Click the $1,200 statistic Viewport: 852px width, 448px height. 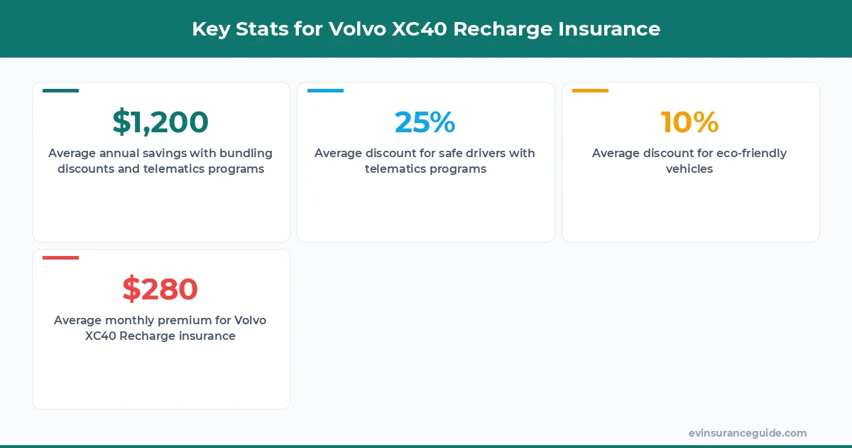[160, 122]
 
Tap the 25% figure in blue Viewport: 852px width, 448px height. [425, 122]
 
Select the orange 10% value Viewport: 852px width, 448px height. [689, 122]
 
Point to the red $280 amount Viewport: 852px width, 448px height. [160, 289]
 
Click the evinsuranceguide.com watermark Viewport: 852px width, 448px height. [748, 433]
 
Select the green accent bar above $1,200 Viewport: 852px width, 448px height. [60, 91]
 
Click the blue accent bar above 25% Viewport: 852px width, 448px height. [325, 91]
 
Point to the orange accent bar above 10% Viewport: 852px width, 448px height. [590, 91]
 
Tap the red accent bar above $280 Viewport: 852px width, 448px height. [60, 258]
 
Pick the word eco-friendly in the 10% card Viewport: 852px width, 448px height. [750, 154]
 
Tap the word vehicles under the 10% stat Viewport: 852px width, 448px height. [689, 169]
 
